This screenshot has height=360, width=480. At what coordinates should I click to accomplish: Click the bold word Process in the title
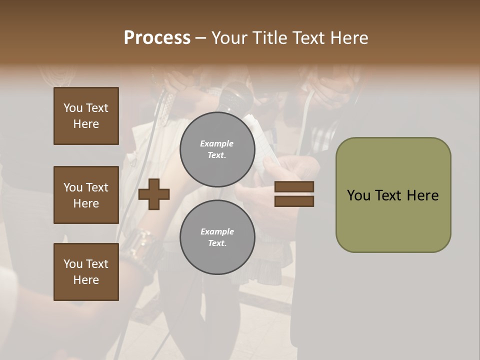click(157, 38)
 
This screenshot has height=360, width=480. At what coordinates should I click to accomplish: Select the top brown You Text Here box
click(86, 116)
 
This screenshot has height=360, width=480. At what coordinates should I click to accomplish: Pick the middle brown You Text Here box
click(86, 195)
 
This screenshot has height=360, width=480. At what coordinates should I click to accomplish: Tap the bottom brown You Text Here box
click(86, 272)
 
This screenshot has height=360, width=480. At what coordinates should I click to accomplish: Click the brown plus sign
click(154, 194)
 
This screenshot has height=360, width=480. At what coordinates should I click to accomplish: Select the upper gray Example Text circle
click(217, 149)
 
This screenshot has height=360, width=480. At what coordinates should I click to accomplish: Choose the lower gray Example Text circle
click(217, 237)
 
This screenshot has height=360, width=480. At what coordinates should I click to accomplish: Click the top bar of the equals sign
click(294, 187)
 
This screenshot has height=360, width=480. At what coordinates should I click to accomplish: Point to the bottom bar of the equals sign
click(294, 201)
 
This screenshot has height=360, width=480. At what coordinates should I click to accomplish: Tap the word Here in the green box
click(422, 195)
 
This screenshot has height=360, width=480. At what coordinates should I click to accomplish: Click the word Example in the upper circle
click(217, 143)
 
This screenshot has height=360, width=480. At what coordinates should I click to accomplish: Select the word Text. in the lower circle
click(217, 243)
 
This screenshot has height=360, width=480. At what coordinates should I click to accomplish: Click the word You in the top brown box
click(72, 108)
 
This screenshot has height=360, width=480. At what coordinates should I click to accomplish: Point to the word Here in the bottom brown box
click(86, 280)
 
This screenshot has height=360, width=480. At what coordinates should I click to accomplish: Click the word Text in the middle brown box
click(97, 187)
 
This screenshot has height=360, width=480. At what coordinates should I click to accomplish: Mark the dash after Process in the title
click(200, 38)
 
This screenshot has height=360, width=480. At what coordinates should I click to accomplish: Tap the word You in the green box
click(358, 195)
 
